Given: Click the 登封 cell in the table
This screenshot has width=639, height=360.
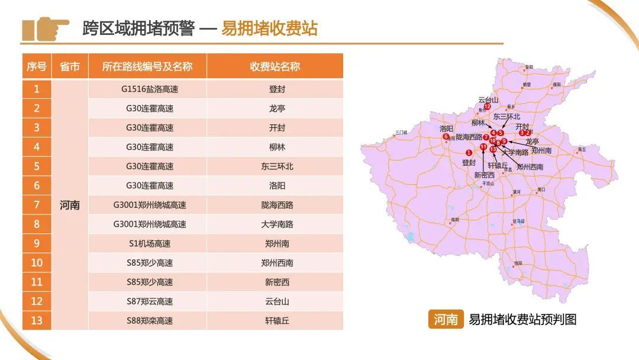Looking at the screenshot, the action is coord(275,89).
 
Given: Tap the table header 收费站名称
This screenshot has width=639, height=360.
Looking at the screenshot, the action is coord(275,66).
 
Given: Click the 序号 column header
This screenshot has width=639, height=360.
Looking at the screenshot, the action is coord(37,66).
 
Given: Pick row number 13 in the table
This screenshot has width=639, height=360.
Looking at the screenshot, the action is coord(37,320).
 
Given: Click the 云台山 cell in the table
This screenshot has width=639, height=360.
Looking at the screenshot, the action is coord(275,301).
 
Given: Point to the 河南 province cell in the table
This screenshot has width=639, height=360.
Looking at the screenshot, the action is coord(70,205).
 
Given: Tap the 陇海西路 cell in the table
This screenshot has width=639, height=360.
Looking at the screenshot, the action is coord(275,205).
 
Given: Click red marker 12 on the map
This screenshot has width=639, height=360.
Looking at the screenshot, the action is coord(488,107).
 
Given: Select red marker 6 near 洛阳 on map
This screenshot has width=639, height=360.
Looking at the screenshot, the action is coord(446,137).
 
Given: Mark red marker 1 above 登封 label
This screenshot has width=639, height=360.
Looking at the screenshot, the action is coord(469,153).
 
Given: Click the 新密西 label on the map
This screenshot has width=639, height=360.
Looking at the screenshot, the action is coord(484,175).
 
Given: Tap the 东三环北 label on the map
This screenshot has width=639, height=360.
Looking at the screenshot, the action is coord(506,117).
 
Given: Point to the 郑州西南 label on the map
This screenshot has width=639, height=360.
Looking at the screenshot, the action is coord(530,167).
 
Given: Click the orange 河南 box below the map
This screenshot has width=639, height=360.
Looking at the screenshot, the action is coord(446,320).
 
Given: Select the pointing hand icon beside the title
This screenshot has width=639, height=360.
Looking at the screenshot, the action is coord(46,28).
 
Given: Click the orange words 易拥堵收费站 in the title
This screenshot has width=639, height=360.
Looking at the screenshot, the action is coord(269,28).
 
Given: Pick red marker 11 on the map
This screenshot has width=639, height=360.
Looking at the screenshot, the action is coord(483,146).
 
